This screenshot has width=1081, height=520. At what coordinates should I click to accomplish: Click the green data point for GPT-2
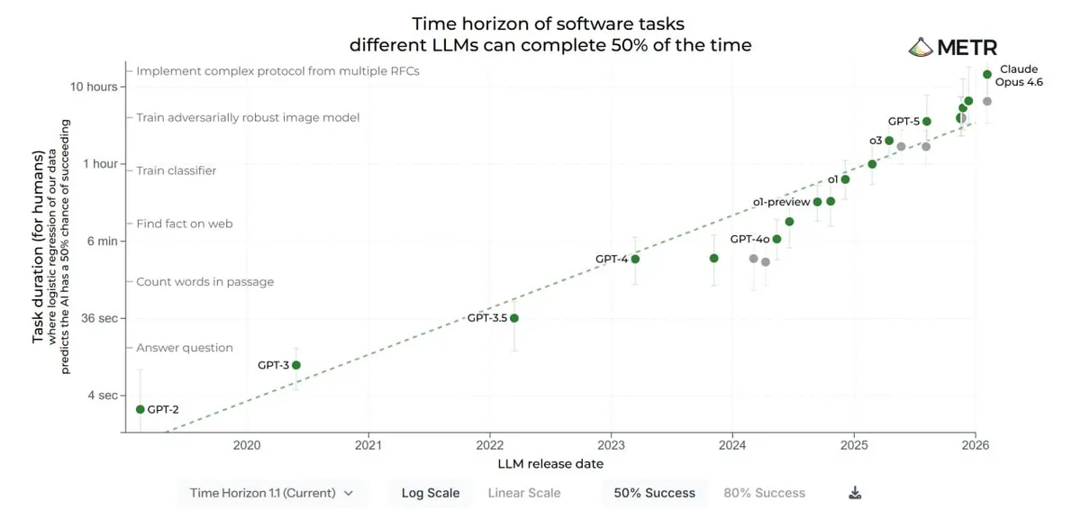coord(140,409)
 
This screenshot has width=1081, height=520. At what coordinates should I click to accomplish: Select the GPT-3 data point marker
coord(295,365)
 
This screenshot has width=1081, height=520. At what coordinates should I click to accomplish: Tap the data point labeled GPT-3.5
coord(514,318)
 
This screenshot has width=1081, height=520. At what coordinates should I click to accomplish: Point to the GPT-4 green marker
coord(635,259)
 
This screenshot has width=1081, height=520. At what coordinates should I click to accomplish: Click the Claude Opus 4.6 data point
coord(987,74)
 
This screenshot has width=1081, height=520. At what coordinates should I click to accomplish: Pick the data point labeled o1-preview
coord(817,202)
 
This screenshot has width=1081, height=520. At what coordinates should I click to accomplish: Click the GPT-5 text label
coord(904,121)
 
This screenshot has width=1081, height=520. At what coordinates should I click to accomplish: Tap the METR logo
coord(952,48)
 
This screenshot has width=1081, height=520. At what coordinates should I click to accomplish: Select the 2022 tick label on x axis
coord(490,444)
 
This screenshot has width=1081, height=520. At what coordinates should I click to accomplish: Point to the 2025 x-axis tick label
coord(854,444)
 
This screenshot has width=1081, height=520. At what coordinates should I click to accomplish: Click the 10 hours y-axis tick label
coord(94,87)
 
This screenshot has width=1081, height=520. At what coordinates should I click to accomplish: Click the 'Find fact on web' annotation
coord(185,224)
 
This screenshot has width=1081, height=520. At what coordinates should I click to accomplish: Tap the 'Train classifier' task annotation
coord(177,170)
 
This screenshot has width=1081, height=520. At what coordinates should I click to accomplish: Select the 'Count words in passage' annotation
coord(204,282)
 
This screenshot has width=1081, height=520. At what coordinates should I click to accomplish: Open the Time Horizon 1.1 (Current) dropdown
coord(271,493)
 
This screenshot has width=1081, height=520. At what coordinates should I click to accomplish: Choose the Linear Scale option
coord(524,493)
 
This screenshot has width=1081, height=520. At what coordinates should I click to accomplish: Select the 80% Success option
coord(764,493)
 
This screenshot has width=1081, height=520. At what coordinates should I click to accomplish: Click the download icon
coord(856,493)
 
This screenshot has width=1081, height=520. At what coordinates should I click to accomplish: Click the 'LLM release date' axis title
coord(550,463)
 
